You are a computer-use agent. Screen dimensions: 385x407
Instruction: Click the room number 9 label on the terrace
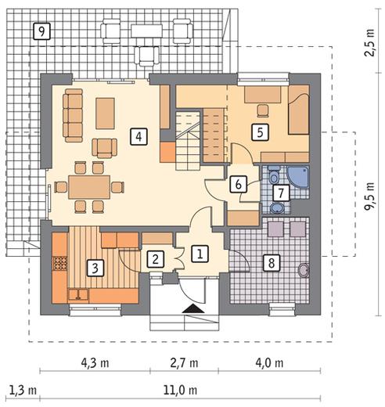tap(41, 31)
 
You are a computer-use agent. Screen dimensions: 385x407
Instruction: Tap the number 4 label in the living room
tap(139, 136)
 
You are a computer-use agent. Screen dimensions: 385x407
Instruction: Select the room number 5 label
tap(260, 132)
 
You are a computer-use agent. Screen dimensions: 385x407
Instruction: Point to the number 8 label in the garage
tap(272, 262)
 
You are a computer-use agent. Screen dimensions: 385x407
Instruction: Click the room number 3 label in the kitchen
tap(95, 268)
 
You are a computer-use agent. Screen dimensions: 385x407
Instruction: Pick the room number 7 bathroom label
tap(281, 193)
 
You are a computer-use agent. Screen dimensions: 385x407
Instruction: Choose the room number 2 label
tap(156, 259)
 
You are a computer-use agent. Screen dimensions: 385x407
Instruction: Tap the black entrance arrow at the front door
tap(193, 308)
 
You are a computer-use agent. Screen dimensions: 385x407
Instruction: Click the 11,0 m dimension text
tap(180, 391)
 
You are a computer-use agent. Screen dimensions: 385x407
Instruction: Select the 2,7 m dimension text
tap(184, 363)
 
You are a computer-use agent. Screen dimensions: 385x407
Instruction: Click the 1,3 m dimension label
tap(23, 391)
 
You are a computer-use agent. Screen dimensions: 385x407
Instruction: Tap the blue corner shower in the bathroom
tap(298, 177)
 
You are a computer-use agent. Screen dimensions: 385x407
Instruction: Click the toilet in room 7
tap(274, 175)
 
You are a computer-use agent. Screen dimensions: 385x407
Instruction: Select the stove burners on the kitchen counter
tap(60, 263)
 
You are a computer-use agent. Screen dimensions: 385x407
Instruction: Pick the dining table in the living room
tap(89, 187)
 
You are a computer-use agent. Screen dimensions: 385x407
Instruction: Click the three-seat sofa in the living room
tap(73, 115)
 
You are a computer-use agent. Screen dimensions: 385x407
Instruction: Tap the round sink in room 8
tap(304, 270)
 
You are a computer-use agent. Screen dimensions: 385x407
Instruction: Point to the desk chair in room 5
tap(263, 110)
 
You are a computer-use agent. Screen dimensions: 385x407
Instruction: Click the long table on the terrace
tap(147, 31)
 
